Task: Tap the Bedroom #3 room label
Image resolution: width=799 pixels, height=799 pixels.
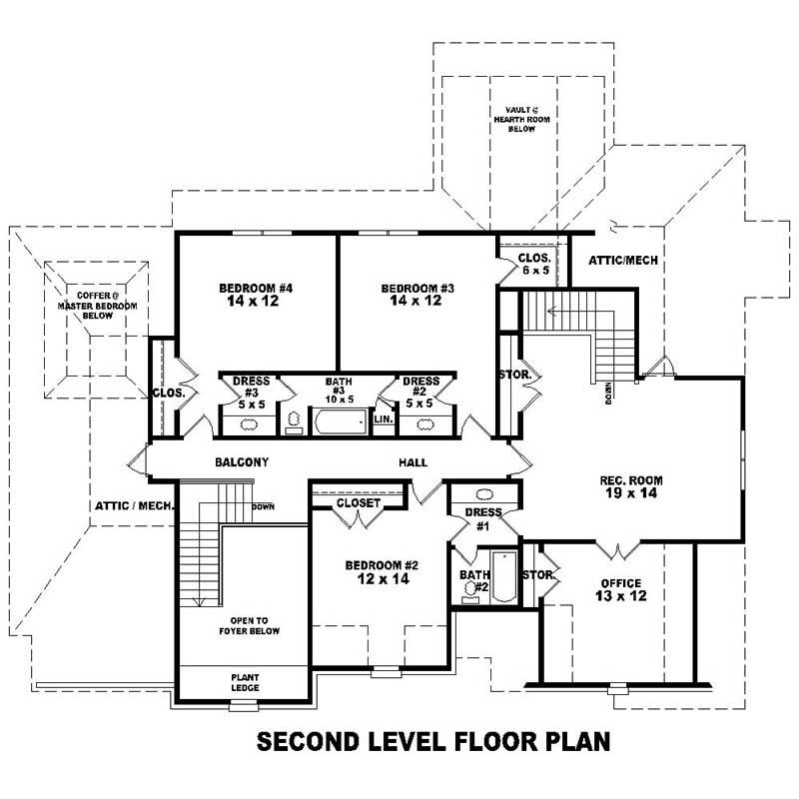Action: [x=417, y=295]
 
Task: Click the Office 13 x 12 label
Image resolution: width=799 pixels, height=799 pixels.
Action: [x=619, y=589]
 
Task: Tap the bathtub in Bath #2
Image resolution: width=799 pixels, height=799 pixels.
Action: [x=503, y=576]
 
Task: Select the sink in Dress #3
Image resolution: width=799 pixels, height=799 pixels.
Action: [x=246, y=424]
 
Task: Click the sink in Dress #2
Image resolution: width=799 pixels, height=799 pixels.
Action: [x=424, y=424]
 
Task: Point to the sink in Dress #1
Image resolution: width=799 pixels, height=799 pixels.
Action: [x=483, y=494]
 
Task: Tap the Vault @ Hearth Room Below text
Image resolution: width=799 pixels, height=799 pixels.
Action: [x=520, y=119]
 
